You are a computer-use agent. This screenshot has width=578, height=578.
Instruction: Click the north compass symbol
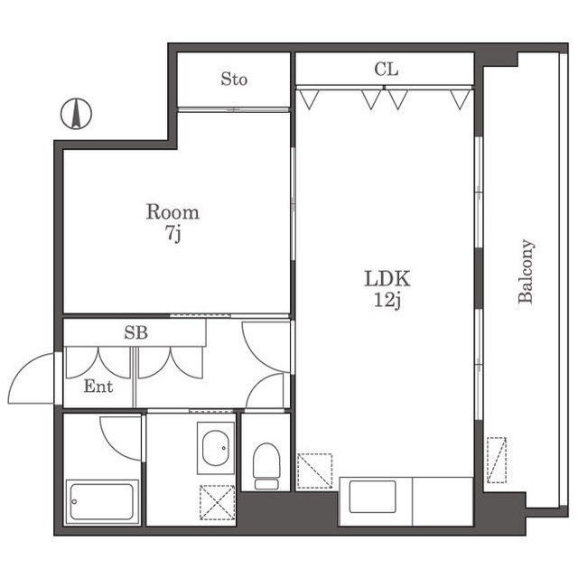click(x=76, y=114)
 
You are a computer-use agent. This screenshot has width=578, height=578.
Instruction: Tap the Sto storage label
click(x=234, y=79)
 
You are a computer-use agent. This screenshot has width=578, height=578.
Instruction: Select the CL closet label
click(x=387, y=69)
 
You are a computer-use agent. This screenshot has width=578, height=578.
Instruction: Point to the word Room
click(x=172, y=212)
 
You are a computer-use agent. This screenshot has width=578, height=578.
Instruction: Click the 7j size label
click(x=172, y=234)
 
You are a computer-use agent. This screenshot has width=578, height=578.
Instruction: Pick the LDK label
click(x=387, y=279)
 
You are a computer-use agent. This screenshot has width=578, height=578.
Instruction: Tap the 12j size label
click(x=387, y=300)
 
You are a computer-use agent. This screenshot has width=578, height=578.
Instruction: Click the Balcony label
click(x=526, y=271)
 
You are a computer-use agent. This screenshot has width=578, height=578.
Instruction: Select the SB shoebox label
click(x=136, y=332)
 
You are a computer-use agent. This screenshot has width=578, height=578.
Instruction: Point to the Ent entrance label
click(x=98, y=387)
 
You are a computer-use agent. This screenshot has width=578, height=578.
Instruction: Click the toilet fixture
click(x=266, y=466)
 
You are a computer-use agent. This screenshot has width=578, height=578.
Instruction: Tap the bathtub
click(x=102, y=502)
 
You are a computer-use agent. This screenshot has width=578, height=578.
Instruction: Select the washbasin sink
click(x=216, y=448)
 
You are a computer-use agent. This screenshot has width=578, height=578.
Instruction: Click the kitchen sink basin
click(x=372, y=496)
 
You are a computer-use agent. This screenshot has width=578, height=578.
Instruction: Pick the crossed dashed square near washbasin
click(x=217, y=502)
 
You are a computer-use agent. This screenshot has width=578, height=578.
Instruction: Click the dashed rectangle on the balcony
click(x=497, y=460)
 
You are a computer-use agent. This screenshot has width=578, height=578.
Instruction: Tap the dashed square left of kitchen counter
click(x=315, y=471)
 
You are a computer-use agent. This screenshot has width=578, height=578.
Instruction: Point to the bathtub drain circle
click(x=74, y=502)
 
